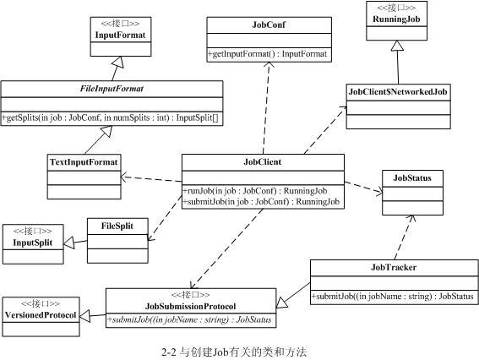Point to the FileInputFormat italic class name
pyautogui.click(x=112, y=88)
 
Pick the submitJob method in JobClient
pyautogui.click(x=261, y=202)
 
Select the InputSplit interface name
pyautogui.click(x=32, y=243)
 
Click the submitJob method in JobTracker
pyautogui.click(x=394, y=297)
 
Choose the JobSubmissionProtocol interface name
pyautogui.click(x=191, y=306)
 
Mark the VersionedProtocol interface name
pyautogui.click(x=41, y=315)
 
